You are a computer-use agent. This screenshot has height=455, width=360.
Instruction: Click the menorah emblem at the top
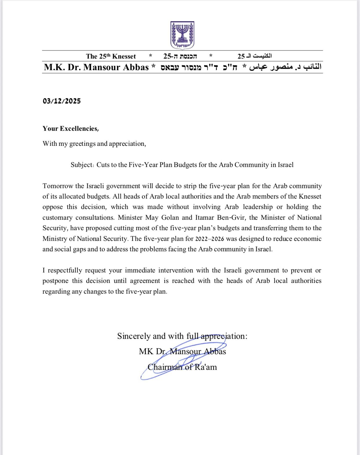182,35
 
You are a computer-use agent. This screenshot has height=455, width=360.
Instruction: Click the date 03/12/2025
62,101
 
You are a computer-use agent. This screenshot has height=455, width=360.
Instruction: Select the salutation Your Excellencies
70,129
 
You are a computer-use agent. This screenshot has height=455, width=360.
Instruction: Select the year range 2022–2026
210,239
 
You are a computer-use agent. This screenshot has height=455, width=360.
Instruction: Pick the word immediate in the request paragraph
140,270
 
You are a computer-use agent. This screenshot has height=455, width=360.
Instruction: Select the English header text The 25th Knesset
111,56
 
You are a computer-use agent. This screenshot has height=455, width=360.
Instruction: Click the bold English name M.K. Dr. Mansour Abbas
96,67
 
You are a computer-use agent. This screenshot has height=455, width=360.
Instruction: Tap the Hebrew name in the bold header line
199,68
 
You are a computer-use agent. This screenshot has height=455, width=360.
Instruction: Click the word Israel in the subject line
286,165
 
